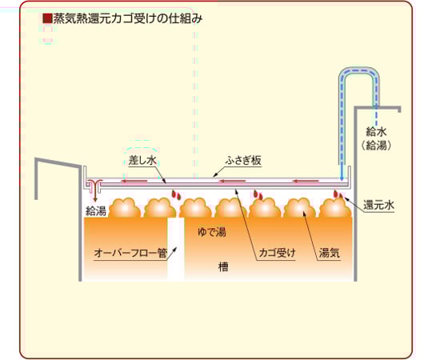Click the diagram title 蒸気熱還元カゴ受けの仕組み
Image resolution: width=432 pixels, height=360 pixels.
pyautogui.click(x=128, y=18)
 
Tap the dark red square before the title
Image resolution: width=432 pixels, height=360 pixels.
pyautogui.click(x=47, y=18)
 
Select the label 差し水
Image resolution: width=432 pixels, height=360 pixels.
pyautogui.click(x=142, y=160)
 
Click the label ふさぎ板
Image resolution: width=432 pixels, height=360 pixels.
pyautogui.click(x=243, y=160)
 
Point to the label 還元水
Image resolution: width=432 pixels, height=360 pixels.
pyautogui.click(x=378, y=206)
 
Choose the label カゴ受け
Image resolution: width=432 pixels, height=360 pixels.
pyautogui.click(x=277, y=253)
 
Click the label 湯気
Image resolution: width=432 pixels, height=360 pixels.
pyautogui.click(x=330, y=253)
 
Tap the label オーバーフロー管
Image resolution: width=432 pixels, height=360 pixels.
pyautogui.click(x=130, y=253)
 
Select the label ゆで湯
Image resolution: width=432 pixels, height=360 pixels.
pyautogui.click(x=211, y=232)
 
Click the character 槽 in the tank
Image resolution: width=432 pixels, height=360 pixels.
pyautogui.click(x=223, y=266)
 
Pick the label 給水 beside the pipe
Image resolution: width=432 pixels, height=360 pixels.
pyautogui.click(x=376, y=132)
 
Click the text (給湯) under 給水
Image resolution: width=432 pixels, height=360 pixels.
pyautogui.click(x=376, y=146)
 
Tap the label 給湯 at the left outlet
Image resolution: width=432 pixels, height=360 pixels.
pyautogui.click(x=96, y=211)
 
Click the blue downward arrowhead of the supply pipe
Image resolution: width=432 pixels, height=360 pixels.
pyautogui.click(x=342, y=178)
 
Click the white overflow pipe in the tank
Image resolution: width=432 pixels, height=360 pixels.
pyautogui.click(x=176, y=250)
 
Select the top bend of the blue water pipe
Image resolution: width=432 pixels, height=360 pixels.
pyautogui.click(x=358, y=72)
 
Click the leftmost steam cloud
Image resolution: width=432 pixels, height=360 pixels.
pyautogui.click(x=126, y=208)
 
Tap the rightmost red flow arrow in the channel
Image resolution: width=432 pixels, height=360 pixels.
pyautogui.click(x=306, y=182)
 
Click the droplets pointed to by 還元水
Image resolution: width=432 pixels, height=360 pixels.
pyautogui.click(x=338, y=194)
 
